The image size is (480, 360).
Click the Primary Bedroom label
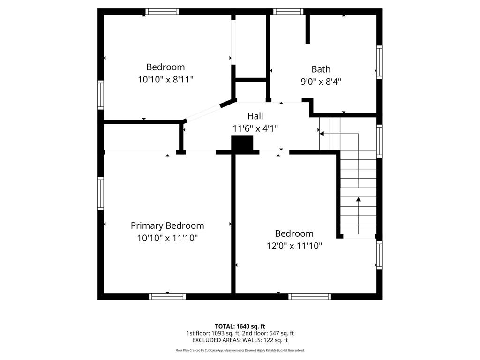(x=167, y=225)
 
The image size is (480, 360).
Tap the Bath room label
(x=321, y=69)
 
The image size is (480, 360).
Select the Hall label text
(x=255, y=116)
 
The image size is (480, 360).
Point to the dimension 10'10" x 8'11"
(x=165, y=80)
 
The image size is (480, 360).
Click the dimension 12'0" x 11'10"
(x=294, y=246)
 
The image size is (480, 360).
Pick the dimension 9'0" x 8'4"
(x=321, y=82)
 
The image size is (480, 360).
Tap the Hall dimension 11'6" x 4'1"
(x=255, y=128)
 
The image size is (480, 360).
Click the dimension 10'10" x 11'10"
(x=167, y=238)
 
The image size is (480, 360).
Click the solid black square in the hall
(x=242, y=143)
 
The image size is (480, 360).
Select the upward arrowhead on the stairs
(x=359, y=199)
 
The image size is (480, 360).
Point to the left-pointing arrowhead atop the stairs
(x=322, y=134)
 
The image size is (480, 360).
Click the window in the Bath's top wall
(x=288, y=12)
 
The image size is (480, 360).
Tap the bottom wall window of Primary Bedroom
(x=167, y=297)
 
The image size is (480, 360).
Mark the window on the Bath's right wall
(x=380, y=62)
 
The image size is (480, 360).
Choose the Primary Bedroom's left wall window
(x=101, y=194)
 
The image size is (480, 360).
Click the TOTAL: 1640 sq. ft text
(x=240, y=326)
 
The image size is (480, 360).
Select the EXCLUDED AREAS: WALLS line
(x=240, y=340)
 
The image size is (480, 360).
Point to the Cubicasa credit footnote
(x=240, y=350)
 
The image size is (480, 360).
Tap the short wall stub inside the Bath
(x=307, y=29)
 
